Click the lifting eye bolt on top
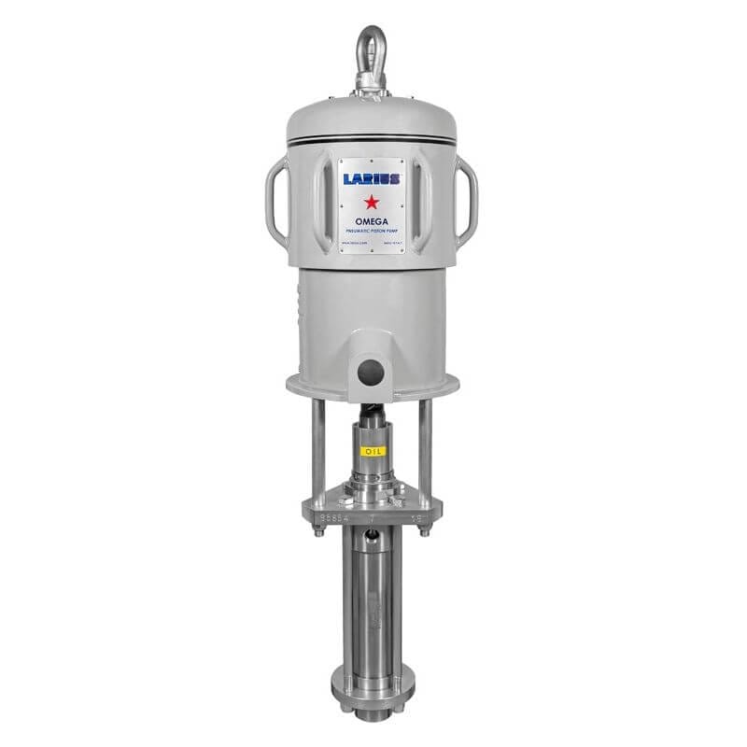372,49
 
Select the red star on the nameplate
372,200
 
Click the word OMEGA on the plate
372,220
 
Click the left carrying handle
277,200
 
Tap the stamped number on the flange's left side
332,515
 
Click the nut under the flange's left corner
318,534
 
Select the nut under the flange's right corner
426,534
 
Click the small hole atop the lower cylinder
372,536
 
